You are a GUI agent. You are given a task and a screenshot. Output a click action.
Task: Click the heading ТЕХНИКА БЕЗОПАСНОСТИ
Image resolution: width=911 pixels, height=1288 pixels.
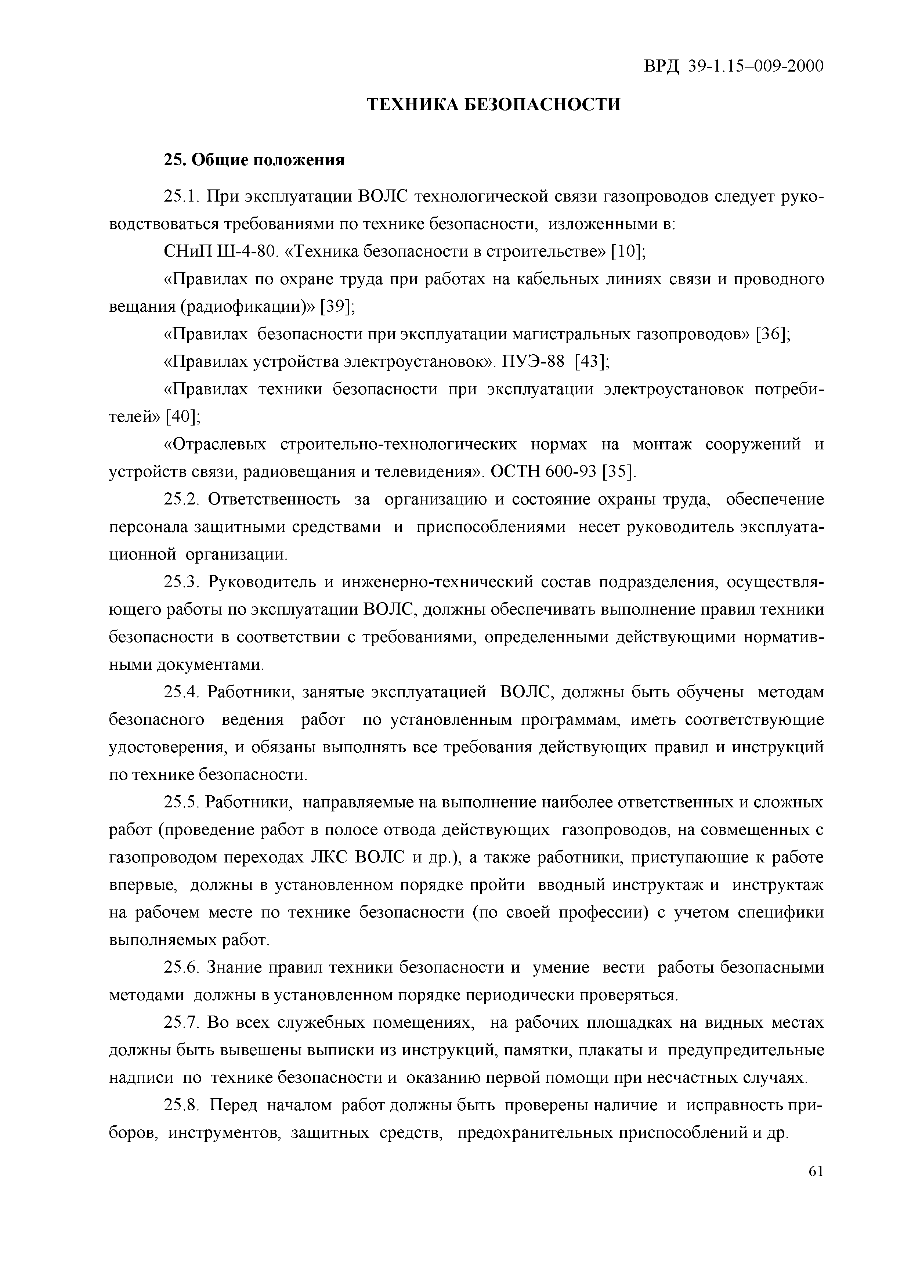(494, 104)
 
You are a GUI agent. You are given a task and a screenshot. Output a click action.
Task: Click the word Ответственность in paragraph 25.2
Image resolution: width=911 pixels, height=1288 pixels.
(274, 500)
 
